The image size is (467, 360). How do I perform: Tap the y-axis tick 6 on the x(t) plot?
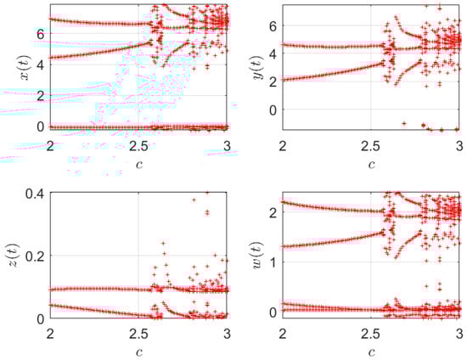click(x=41, y=33)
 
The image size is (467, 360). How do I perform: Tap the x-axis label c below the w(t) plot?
click(x=371, y=350)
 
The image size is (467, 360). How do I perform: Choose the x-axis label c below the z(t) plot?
click(x=138, y=350)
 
